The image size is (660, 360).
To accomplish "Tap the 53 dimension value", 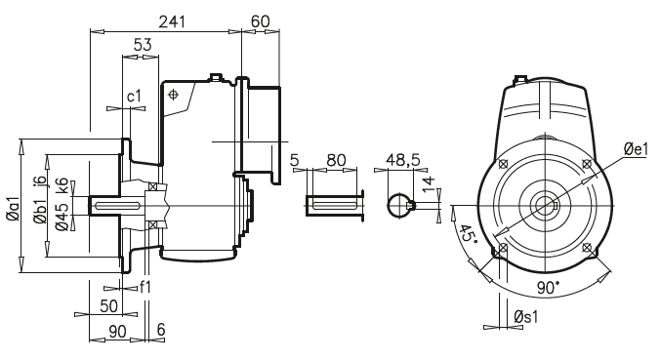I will tap(142, 45).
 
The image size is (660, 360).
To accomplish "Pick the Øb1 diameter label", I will tap(38, 217).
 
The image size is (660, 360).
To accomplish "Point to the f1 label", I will tap(144, 288).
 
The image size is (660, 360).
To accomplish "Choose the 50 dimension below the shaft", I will tap(110, 306).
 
